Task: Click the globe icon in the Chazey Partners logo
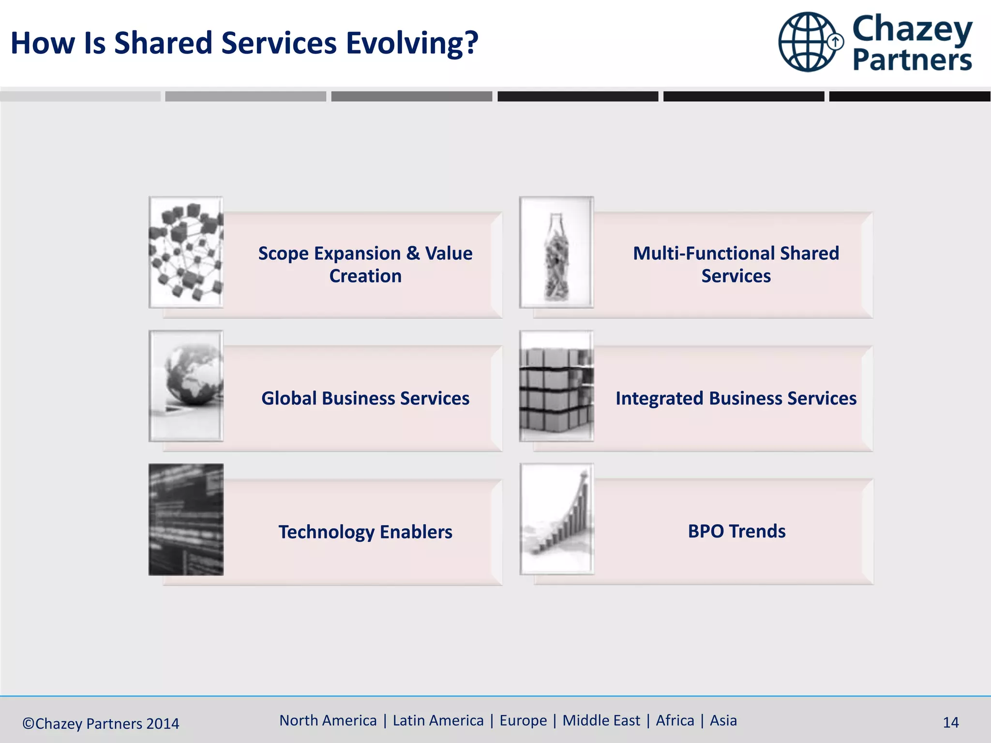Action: tap(808, 42)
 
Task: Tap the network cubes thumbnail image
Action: tap(186, 252)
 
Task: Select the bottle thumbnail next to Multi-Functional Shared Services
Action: tap(556, 252)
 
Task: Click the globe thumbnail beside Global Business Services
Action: tap(186, 386)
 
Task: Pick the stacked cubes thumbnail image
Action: tap(556, 386)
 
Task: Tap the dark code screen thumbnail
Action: tap(186, 520)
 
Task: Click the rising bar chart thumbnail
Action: tap(556, 519)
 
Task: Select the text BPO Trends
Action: tap(736, 531)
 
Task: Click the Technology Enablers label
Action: tap(365, 532)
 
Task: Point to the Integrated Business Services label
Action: tap(736, 398)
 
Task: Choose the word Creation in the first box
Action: tap(365, 276)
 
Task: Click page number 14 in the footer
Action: tap(950, 723)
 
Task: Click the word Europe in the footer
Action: tap(523, 720)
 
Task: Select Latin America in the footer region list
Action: tap(438, 720)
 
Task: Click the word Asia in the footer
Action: tap(723, 720)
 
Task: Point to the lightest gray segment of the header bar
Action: tap(80, 96)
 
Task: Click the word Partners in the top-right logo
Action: tap(912, 60)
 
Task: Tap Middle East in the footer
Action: tap(601, 720)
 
